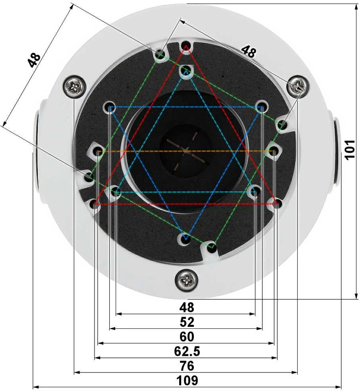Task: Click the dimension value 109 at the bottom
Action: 187,380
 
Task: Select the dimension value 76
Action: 187,366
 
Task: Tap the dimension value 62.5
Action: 187,351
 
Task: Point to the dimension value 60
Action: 187,336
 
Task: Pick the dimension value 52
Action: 187,322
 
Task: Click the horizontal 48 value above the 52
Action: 187,307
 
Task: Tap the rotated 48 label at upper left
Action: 34,60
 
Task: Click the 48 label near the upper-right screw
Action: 249,51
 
